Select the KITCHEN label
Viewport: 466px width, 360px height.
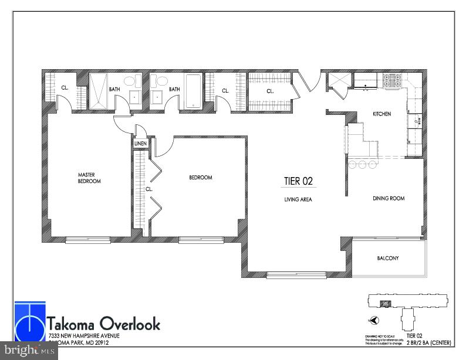[382, 114]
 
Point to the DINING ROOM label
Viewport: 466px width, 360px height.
[389, 198]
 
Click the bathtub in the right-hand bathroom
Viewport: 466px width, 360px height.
[193, 91]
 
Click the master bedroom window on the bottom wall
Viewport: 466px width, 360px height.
[87, 239]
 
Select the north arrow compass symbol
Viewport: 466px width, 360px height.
[374, 320]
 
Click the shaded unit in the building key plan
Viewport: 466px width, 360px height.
[386, 303]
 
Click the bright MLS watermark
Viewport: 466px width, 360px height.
[29, 351]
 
